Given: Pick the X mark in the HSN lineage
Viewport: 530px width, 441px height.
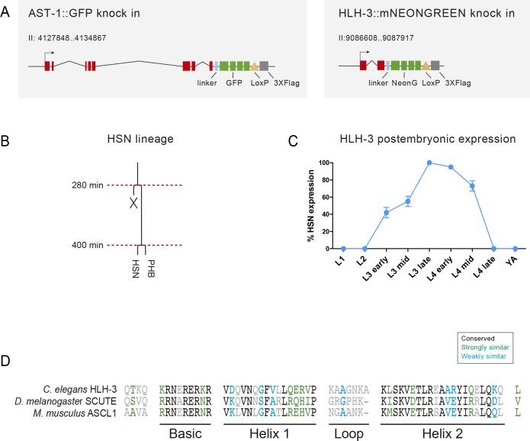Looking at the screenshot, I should click(133, 204).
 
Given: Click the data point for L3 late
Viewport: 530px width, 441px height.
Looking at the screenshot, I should click(429, 163).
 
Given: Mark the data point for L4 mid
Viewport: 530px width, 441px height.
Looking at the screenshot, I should click(472, 186).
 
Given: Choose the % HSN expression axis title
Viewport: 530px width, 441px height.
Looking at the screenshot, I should click(313, 205).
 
